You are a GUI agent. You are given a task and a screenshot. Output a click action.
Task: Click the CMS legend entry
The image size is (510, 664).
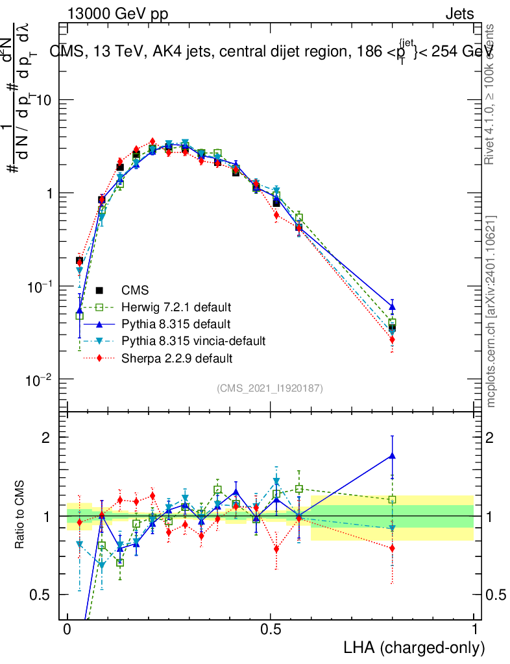pos(130,290)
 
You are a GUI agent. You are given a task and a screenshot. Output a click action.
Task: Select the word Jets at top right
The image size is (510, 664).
pos(459,14)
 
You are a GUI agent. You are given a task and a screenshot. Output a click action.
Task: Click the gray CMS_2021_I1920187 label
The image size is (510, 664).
pos(270,388)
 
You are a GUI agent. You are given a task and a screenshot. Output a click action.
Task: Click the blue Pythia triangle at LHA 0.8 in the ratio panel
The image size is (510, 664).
pos(392,455)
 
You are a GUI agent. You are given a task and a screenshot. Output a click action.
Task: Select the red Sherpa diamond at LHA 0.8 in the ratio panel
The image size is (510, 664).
pos(392,548)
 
